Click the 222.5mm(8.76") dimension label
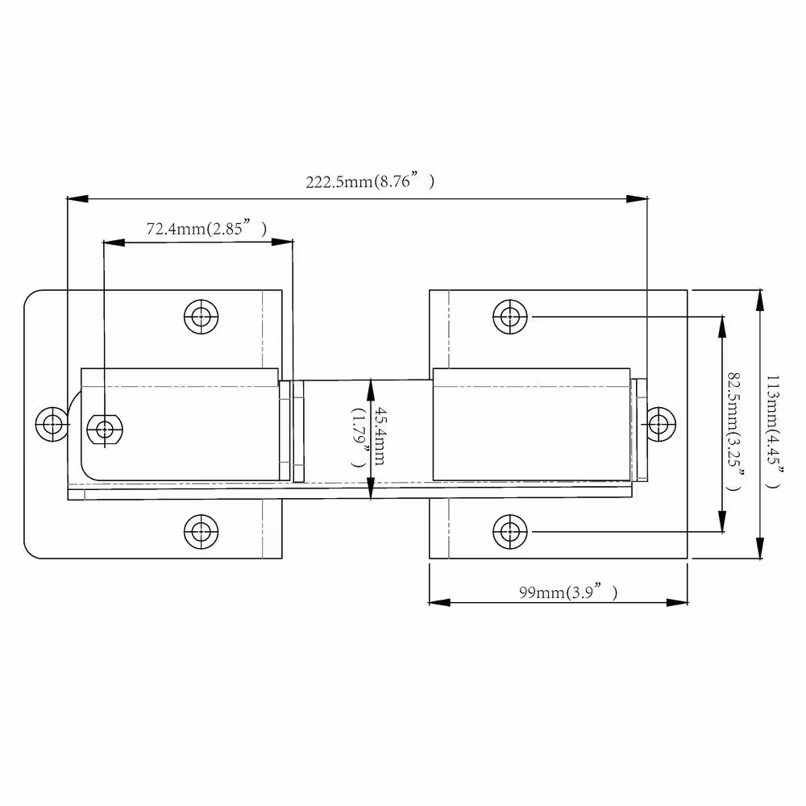[370, 181]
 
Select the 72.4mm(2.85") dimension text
[206, 228]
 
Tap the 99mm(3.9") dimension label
[568, 592]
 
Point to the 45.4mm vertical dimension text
[379, 436]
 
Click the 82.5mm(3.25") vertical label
[735, 431]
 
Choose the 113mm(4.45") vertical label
[773, 432]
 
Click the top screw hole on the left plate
[201, 317]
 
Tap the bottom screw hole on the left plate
[201, 531]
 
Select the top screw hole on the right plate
[510, 317]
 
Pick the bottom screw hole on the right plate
[510, 531]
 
